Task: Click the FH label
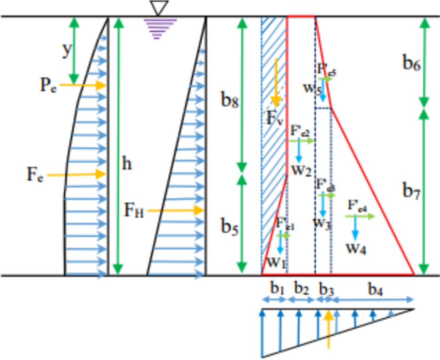pyautogui.click(x=134, y=211)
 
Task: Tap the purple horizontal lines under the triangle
pyautogui.click(x=157, y=28)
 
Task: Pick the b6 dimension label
pyautogui.click(x=411, y=64)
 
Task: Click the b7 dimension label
pyautogui.click(x=411, y=193)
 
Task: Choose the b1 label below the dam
pyautogui.click(x=275, y=289)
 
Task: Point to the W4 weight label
pyautogui.click(x=356, y=248)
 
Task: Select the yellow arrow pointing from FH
pyautogui.click(x=175, y=210)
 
